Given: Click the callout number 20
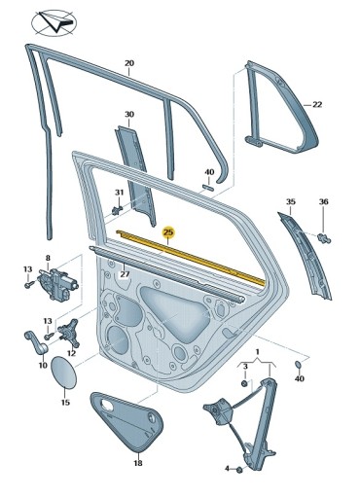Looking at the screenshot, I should tap(129, 64).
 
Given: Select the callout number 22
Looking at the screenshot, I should tap(317, 103).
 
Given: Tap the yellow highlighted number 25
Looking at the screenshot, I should tap(168, 232).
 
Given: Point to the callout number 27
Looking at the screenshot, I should tap(125, 275).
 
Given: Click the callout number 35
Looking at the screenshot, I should tap(289, 201).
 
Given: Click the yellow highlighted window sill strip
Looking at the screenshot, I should tap(195, 258).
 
